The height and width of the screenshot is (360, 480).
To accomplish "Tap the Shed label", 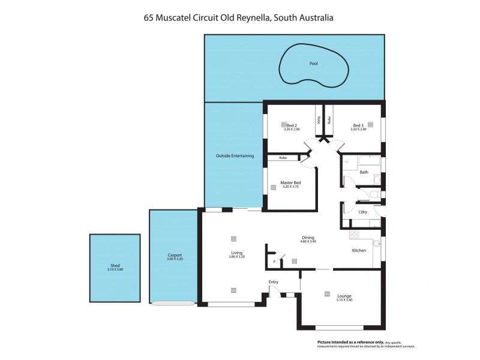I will tap(115, 265).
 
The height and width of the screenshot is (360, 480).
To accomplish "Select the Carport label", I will tap(175, 255).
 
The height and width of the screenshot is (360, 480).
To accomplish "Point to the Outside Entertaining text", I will tap(235, 156).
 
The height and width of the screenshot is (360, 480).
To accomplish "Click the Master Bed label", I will tap(290, 182).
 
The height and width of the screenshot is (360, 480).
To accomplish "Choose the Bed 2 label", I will tap(292, 125).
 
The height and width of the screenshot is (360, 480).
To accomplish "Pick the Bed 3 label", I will tap(359, 125).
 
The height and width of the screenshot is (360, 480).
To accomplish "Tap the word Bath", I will tap(364, 172).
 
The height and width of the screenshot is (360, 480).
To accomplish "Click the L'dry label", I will tap(362, 212).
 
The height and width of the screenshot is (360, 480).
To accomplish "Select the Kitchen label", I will tap(359, 250).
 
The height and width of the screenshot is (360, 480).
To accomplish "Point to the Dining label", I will tap(308, 237).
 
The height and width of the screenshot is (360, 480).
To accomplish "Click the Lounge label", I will tap(344, 296).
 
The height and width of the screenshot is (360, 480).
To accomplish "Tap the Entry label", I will tap(274, 281).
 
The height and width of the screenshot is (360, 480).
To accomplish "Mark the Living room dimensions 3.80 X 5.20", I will tap(236, 257).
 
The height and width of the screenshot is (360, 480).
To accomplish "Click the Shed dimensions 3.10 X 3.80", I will tap(115, 269).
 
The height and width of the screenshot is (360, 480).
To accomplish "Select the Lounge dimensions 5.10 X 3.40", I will tap(344, 300).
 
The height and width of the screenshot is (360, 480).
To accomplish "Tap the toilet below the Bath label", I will tap(373, 194).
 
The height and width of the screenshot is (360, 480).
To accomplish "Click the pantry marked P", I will tap(274, 261).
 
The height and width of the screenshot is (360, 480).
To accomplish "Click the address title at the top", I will tap(238, 18).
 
